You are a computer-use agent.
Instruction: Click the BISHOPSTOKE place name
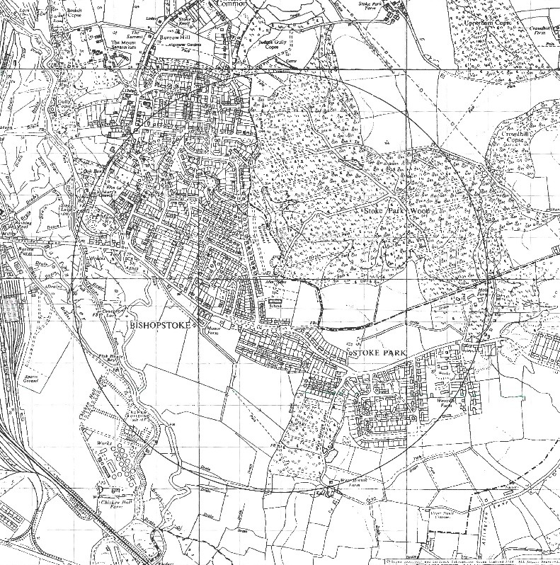(x=162, y=325)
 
